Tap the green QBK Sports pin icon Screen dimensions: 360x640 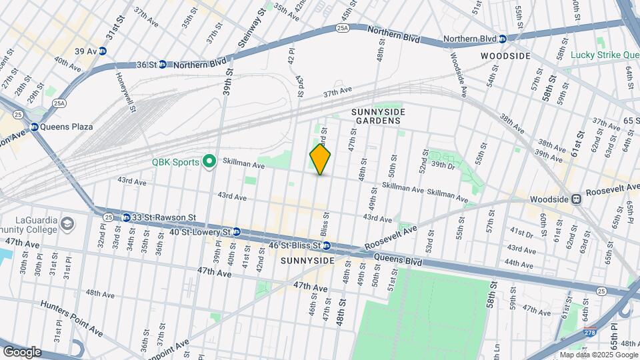click(209, 161)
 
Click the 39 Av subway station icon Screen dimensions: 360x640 click(103, 51)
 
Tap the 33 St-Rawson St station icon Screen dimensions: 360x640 click(126, 217)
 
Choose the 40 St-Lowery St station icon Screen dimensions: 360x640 click(236, 232)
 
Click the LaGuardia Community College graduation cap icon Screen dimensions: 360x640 click(67, 223)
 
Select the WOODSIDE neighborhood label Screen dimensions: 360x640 click(506, 56)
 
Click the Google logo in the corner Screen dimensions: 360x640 click(21, 351)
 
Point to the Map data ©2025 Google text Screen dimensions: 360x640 click(598, 355)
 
